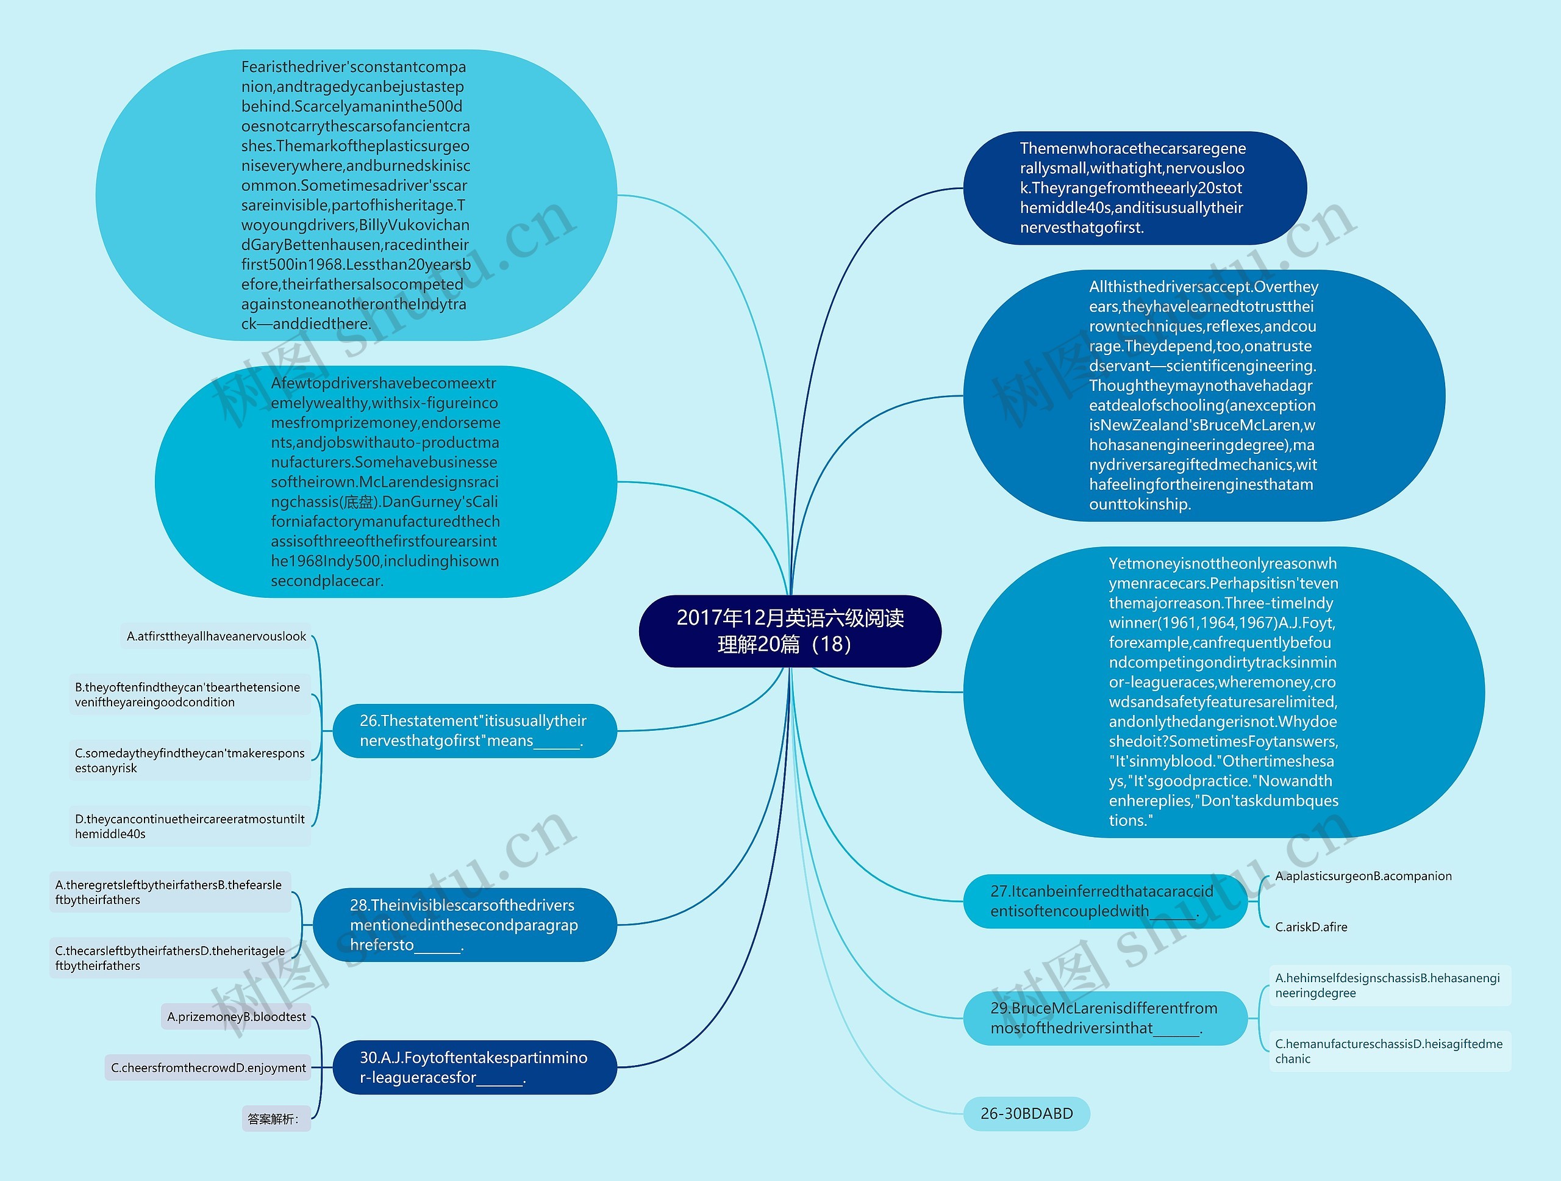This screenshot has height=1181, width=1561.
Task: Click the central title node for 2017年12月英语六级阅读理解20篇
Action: point(790,630)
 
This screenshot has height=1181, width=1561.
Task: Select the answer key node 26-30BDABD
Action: point(1026,1113)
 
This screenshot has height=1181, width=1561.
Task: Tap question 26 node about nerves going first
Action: point(474,731)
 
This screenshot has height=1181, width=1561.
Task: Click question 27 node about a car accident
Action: point(1104,902)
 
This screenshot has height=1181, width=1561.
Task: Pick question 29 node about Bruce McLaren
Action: point(1104,1018)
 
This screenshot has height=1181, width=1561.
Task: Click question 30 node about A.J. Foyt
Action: point(474,1068)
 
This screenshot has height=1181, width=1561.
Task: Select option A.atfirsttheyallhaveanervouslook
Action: point(216,636)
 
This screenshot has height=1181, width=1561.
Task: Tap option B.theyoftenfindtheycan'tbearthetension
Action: point(189,695)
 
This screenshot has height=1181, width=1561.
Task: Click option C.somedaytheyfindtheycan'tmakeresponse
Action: point(189,760)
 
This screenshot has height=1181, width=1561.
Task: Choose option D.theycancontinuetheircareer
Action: point(189,826)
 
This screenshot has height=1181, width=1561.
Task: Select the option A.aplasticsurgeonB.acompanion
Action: point(1363,876)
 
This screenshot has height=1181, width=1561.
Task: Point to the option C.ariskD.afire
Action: point(1310,927)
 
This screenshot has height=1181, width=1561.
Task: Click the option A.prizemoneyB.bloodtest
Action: point(237,1016)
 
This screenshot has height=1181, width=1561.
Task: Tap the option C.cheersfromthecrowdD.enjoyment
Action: point(208,1068)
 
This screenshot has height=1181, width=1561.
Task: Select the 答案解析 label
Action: point(275,1118)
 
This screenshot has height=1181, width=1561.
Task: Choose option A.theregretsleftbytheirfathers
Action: point(170,892)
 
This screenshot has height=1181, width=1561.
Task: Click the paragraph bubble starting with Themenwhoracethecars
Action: point(1134,188)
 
